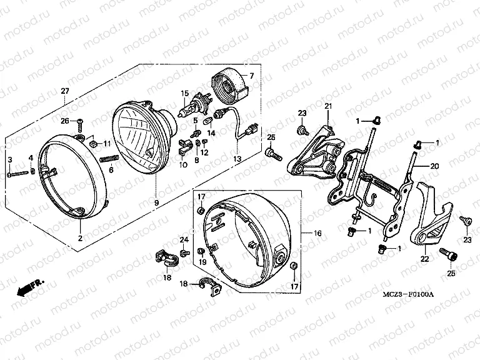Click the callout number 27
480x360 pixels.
(x=64, y=92)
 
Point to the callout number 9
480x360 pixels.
(x=156, y=202)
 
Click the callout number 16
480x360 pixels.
(x=317, y=233)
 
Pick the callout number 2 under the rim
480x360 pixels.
(x=80, y=239)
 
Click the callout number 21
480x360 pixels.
(x=326, y=108)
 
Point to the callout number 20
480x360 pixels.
(x=435, y=166)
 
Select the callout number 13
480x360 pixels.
(x=236, y=159)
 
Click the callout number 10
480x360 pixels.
(x=183, y=165)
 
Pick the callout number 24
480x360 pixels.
(x=184, y=239)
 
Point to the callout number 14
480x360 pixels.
(x=211, y=133)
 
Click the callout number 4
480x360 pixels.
(x=31, y=157)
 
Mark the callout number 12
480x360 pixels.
(x=204, y=152)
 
